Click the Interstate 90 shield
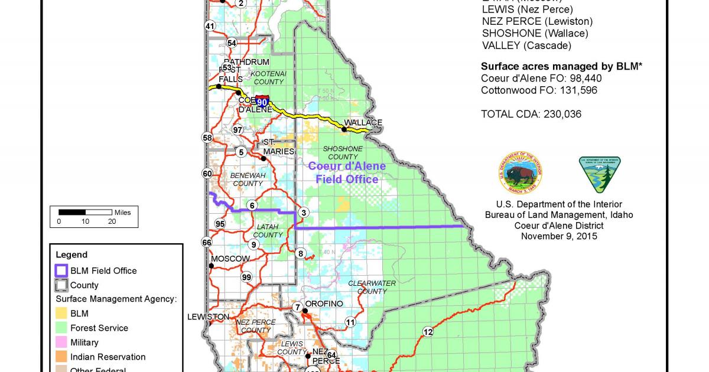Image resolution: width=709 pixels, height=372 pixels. pos(263,102)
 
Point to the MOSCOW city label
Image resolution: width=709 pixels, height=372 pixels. pos(230,259)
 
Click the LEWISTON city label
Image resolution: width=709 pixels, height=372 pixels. pos(208,316)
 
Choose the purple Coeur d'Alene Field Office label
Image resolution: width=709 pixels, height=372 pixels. pos(347,172)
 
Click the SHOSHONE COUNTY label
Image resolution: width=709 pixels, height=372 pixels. pos(343,152)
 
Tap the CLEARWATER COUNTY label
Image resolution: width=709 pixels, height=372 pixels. pos(372,287)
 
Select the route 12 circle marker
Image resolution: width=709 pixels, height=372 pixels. pos(428,331)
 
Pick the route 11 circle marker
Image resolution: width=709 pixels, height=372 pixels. pos(350,322)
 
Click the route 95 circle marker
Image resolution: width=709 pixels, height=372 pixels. pos(220,224)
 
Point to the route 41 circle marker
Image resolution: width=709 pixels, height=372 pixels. pos(210,26)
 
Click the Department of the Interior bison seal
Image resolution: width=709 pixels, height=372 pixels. pos(521,174)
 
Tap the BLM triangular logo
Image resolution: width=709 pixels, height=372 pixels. pos(600,174)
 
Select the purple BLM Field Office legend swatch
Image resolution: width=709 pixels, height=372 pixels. pos(61,271)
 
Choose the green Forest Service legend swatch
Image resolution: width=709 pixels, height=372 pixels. pos(61,328)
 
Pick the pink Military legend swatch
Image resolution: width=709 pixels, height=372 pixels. pos(61,342)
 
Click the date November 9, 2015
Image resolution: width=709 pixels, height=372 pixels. pos(559,236)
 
